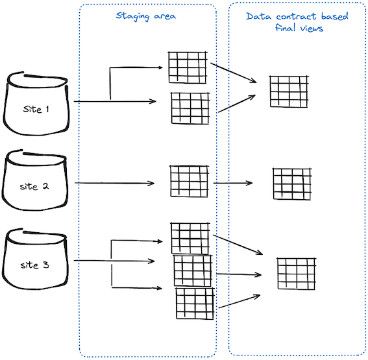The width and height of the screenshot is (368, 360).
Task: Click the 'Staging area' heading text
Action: tap(146, 16)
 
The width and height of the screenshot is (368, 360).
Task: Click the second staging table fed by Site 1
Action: tap(190, 108)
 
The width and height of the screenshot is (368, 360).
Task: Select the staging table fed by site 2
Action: tap(190, 181)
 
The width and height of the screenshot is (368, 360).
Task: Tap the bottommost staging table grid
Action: tap(194, 303)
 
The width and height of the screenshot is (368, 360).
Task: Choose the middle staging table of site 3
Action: tap(193, 270)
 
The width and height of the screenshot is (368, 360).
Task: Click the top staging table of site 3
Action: tap(190, 238)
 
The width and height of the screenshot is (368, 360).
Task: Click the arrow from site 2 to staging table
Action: tap(114, 184)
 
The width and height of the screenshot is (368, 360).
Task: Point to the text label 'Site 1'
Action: tap(36, 110)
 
